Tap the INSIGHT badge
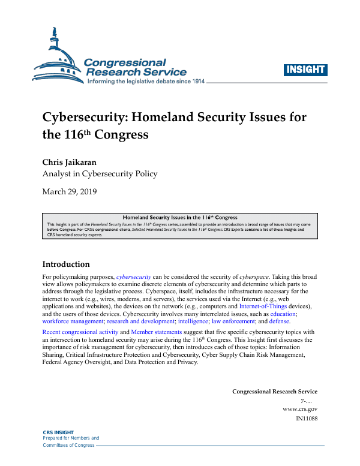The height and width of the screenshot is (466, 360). coord(305,69)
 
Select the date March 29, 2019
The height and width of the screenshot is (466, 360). coord(70,192)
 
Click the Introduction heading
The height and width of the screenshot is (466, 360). coord(66,264)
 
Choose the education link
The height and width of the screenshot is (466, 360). coord(283,314)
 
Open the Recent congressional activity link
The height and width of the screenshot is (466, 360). coord(80,332)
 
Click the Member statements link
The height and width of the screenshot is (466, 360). coord(157,332)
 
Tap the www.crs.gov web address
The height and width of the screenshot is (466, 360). coord(299,408)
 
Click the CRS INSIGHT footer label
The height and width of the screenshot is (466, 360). coord(58,432)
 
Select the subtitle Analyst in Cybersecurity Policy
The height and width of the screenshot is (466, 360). coord(100,174)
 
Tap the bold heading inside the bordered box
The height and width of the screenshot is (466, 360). coord(180,218)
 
